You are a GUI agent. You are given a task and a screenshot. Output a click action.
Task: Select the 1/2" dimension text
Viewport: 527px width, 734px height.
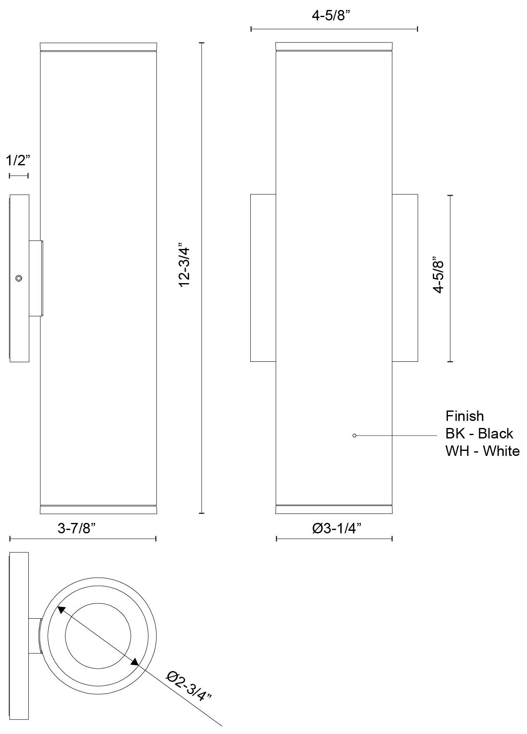18,160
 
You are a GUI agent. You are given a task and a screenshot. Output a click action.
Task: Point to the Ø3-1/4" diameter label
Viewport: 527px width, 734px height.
336,528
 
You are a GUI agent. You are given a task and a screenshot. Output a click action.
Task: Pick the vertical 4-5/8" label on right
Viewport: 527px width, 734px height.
439,275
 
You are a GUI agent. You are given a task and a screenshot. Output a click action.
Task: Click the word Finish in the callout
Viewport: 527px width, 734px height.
465,416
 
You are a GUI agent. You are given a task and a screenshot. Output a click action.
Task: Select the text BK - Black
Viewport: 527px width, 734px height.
479,433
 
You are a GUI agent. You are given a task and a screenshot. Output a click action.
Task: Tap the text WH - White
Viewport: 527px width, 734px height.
482,451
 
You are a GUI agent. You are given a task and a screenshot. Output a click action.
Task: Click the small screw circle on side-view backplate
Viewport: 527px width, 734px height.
18,278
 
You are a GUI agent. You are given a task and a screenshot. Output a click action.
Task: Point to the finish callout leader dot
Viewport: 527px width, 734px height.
354,435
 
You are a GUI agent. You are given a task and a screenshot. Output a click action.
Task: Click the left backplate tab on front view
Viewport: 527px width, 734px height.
263,278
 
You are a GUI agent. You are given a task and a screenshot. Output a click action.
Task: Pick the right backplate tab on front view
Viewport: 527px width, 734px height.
405,278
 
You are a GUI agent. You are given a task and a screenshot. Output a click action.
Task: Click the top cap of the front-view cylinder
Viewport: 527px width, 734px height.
334,46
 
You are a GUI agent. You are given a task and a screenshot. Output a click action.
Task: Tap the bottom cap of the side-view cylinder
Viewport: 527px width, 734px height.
98,510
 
